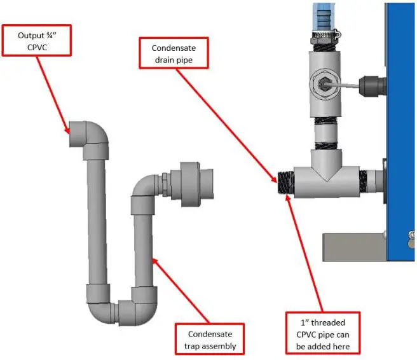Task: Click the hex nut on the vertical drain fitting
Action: (322, 83)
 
